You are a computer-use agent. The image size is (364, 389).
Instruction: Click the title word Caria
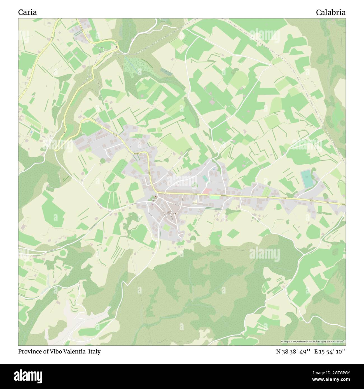click(x=27, y=12)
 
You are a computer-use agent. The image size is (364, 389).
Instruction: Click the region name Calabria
click(x=331, y=12)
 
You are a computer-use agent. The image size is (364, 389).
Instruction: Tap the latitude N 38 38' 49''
click(x=293, y=351)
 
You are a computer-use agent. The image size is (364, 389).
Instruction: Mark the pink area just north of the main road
click(x=207, y=191)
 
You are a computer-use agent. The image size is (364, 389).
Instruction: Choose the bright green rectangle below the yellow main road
click(x=215, y=198)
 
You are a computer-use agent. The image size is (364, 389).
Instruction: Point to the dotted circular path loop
click(x=102, y=49)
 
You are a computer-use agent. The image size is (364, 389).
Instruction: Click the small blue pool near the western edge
click(x=32, y=132)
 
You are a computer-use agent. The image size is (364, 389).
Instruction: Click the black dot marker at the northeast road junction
click(x=270, y=65)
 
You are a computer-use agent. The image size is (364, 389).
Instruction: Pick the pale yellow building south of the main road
click(x=194, y=202)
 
